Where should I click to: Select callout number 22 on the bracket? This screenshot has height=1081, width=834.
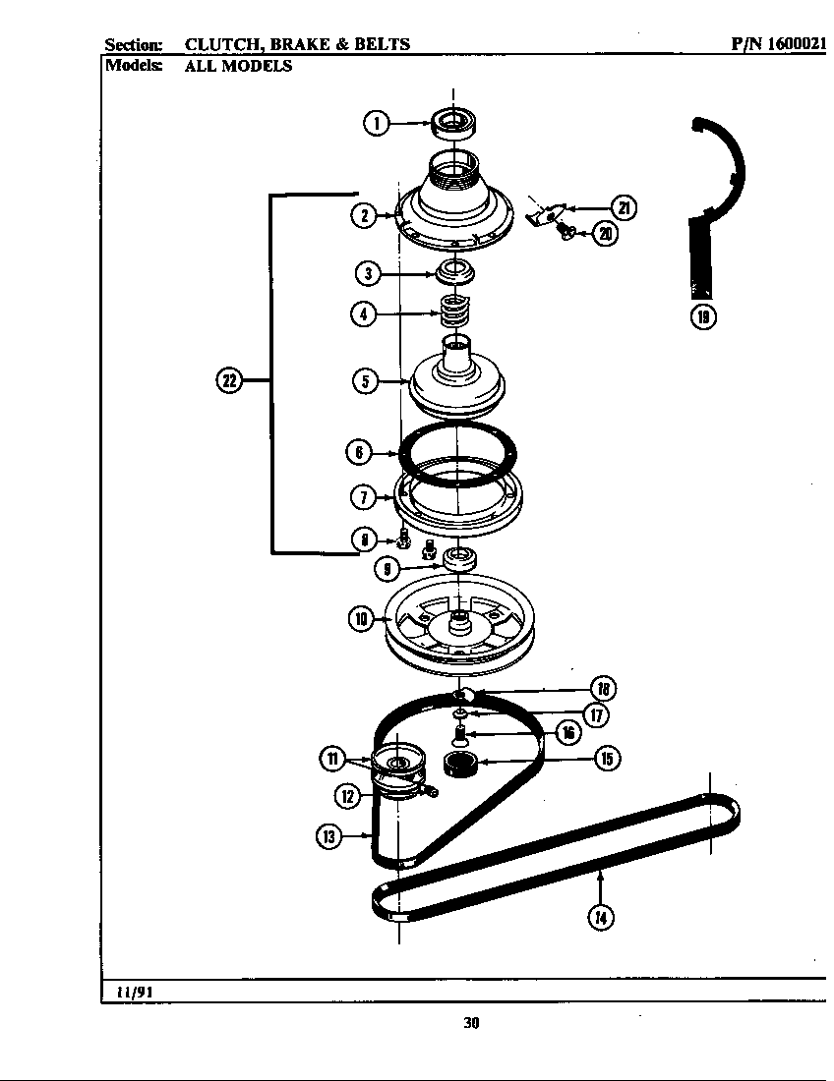228,381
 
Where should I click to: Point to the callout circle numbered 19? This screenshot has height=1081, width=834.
702,316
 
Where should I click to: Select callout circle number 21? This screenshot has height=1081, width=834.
624,207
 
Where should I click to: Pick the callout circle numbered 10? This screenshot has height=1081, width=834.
362,619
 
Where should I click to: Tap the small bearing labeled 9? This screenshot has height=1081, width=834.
459,561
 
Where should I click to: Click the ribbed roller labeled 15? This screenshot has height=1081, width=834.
459,763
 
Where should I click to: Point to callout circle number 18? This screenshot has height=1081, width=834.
607,689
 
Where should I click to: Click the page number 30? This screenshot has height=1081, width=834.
471,1023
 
